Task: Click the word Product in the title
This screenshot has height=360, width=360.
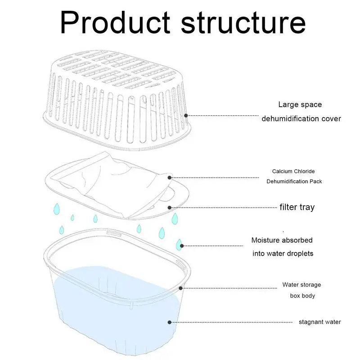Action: click(115, 22)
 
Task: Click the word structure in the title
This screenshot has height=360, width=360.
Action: click(243, 23)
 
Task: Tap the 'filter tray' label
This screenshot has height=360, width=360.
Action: click(297, 207)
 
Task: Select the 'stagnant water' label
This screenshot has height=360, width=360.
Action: click(320, 322)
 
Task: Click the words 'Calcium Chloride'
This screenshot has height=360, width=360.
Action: click(293, 171)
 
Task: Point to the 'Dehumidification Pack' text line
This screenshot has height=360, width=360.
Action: click(294, 181)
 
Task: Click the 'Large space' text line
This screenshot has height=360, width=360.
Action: click(300, 105)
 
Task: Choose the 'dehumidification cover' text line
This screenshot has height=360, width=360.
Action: click(301, 119)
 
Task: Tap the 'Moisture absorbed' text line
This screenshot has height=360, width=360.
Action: click(282, 240)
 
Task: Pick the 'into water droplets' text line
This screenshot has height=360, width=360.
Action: click(283, 253)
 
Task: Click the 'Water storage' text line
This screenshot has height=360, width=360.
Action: click(301, 285)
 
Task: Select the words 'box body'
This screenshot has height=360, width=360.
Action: click(302, 296)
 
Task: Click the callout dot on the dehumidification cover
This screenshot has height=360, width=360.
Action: click(186, 116)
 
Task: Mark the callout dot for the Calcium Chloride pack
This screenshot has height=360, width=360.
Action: click(170, 177)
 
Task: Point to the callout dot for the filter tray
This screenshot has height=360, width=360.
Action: click(170, 207)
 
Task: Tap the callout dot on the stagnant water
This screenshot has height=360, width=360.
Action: click(170, 322)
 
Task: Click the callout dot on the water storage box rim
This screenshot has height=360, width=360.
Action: click(181, 288)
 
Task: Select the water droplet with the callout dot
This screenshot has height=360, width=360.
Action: click(179, 245)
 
